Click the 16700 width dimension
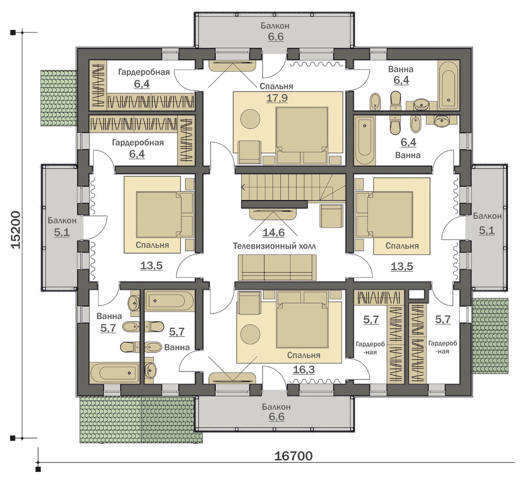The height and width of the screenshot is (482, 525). point(293,456)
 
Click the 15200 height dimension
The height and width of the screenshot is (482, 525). point(16,230)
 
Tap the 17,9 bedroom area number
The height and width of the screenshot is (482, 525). point(277,98)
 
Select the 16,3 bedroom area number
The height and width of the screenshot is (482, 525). point(304,369)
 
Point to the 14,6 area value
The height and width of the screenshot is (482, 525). point(274,232)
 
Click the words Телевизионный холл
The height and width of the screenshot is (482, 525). point(274,246)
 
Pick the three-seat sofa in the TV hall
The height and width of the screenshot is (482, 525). point(277,267)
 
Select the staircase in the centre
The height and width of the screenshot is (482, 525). point(293,188)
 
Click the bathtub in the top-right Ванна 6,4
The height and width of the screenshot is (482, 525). point(448,85)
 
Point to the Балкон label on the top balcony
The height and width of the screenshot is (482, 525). point(275,26)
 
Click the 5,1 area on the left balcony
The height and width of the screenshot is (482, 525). point(62,232)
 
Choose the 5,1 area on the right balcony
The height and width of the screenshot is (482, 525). point(486,230)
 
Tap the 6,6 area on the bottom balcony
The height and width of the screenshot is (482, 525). point(276,417)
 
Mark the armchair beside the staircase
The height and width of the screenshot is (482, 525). point(332,216)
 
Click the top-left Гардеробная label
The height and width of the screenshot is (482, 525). point(144,72)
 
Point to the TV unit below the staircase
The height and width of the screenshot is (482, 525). point(273,213)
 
